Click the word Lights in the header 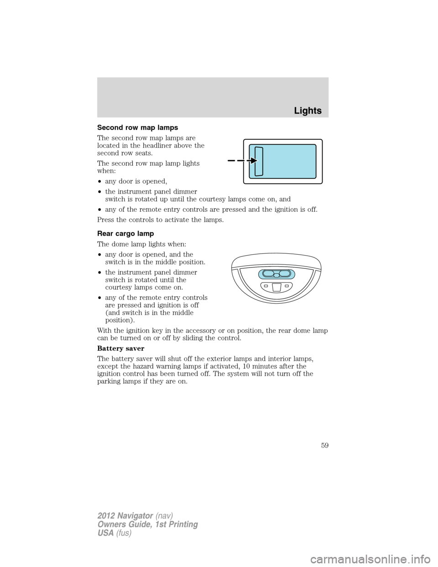point(308,111)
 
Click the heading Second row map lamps point(137,128)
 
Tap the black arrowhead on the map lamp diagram point(254,161)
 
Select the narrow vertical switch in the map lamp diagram point(259,161)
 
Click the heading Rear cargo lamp point(125,234)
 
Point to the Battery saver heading point(120,348)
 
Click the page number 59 point(324,446)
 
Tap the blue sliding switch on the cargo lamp point(276,274)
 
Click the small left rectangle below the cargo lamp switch point(266,286)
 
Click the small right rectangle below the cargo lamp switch point(287,286)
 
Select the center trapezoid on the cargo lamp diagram point(276,287)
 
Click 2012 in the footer point(106,515)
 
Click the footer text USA point(105,533)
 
